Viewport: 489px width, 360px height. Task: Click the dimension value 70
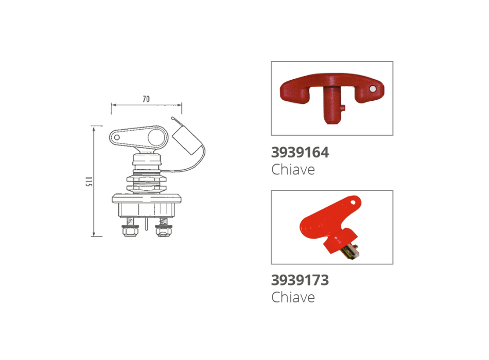click(x=146, y=99)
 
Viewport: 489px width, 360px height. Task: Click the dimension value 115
click(x=89, y=182)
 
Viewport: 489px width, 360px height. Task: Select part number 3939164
click(x=300, y=152)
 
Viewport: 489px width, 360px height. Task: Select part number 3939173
click(x=300, y=280)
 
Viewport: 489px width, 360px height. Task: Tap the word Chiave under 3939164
click(x=293, y=170)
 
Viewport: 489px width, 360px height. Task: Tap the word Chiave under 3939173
click(x=293, y=297)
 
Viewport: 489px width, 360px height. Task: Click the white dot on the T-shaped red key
click(x=373, y=89)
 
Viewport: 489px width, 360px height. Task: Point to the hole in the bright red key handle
click(x=353, y=202)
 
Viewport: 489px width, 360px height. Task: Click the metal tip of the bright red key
click(x=351, y=251)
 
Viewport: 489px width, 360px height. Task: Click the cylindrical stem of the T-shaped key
click(x=332, y=104)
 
